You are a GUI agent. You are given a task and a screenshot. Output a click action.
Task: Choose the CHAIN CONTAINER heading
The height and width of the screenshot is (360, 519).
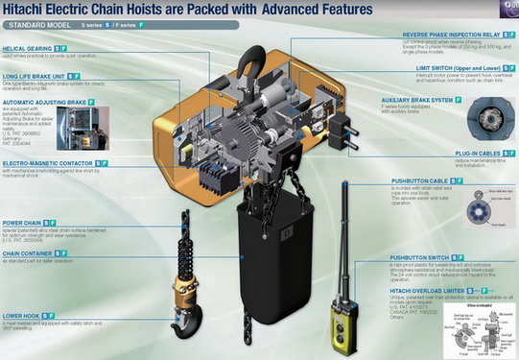[x=32, y=255]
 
